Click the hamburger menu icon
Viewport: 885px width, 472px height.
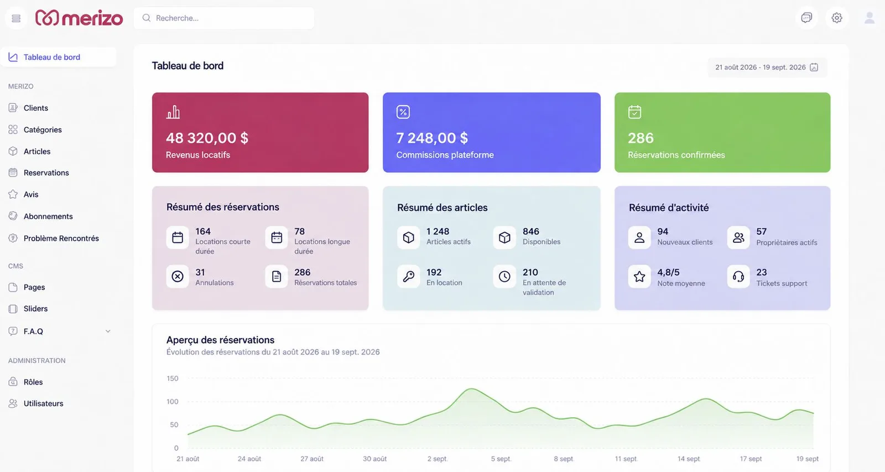point(16,18)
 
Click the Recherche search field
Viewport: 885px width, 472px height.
point(224,18)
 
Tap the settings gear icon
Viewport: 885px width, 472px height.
point(837,18)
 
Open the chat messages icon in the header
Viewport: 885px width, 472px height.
point(806,18)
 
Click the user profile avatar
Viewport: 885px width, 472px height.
point(869,18)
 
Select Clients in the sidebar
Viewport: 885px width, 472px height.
point(35,108)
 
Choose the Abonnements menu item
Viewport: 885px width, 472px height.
point(48,216)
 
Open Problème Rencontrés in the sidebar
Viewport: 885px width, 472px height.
point(61,238)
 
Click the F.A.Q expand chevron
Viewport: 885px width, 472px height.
point(108,331)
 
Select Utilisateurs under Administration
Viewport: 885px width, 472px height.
point(44,403)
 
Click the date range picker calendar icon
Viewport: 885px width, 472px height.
point(814,67)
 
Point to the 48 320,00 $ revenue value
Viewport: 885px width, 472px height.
point(207,138)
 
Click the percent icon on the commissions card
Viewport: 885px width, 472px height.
point(403,112)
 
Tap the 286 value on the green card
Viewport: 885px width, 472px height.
point(641,138)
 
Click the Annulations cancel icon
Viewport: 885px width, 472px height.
point(178,276)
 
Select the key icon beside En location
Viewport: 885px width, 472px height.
point(409,276)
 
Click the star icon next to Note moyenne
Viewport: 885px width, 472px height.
point(639,276)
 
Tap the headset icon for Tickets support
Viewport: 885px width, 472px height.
point(738,276)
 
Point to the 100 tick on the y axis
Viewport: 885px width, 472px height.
point(172,402)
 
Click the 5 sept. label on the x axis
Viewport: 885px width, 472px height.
point(501,459)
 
